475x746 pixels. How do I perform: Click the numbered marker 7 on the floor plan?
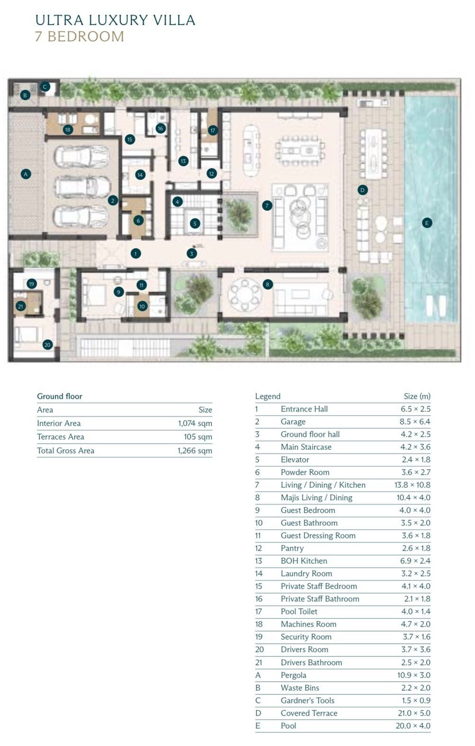pos(267,205)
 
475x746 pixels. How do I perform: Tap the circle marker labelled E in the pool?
pos(427,223)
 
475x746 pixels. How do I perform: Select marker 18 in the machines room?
pos(68,130)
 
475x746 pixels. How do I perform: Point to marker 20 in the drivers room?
pos(48,345)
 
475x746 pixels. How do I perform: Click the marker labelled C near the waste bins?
pos(45,87)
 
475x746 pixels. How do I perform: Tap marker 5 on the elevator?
pos(195,223)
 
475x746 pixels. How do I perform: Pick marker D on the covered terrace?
pos(362,190)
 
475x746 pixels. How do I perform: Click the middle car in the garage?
pos(82,187)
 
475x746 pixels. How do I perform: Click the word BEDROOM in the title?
pos(86,36)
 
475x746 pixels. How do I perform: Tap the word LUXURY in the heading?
pos(118,20)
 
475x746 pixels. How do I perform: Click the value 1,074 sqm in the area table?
pos(195,423)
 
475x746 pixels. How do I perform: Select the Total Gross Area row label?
pos(66,451)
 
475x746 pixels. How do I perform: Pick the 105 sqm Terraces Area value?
pos(198,436)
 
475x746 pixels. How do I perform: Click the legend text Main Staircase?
pos(306,447)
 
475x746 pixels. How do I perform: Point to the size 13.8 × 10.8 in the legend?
pos(412,485)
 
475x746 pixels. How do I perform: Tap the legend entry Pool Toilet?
pos(299,612)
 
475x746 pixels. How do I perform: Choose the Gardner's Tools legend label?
pos(307,701)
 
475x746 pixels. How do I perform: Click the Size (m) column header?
pos(417,396)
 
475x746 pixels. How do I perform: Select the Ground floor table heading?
pos(60,396)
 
